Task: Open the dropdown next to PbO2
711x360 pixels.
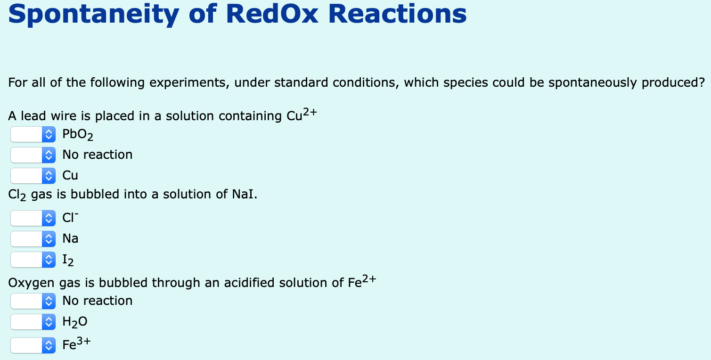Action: coord(33,135)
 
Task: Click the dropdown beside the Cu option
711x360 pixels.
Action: coord(33,176)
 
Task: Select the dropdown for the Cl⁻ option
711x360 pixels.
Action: coord(33,218)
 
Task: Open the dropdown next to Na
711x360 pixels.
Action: coord(33,239)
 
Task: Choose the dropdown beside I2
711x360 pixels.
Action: coord(33,260)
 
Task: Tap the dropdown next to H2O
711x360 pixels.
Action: coord(33,322)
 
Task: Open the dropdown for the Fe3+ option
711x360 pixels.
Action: coord(33,344)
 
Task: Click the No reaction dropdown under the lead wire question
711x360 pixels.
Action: coord(33,155)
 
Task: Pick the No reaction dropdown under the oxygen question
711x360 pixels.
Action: coord(33,301)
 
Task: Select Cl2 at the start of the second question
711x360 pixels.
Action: coord(17,195)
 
